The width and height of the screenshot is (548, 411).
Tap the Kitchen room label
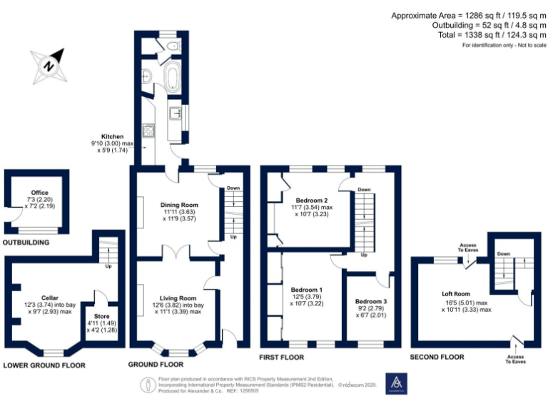(112, 136)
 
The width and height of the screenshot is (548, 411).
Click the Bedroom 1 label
(305, 290)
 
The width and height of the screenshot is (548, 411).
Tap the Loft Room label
(457, 293)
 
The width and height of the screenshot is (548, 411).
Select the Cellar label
(49, 298)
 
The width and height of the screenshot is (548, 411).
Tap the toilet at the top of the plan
(173, 46)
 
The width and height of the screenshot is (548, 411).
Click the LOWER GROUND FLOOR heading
(44, 365)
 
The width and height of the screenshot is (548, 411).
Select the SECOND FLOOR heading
(437, 357)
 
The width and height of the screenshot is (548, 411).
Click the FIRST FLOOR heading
(283, 357)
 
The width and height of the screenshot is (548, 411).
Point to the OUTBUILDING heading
(26, 243)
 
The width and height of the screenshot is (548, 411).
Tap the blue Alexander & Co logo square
(395, 383)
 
